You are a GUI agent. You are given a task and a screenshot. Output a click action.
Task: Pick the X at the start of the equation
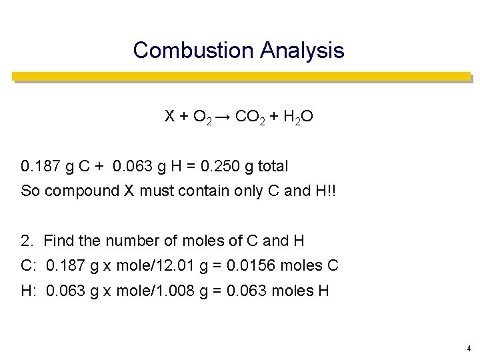[x=171, y=118]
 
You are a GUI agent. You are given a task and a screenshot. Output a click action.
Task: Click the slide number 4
[x=469, y=348]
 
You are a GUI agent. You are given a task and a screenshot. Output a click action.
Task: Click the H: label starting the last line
[x=29, y=291]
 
